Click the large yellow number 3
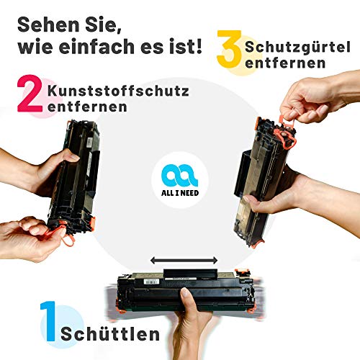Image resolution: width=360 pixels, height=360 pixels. pyautogui.click(x=229, y=49)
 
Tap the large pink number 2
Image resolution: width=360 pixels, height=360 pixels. pyautogui.click(x=30, y=94)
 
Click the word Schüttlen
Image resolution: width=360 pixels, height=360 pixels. pyautogui.click(x=110, y=333)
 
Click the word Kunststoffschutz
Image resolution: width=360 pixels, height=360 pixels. pyautogui.click(x=118, y=91)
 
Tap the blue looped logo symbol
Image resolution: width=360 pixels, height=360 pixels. pyautogui.click(x=179, y=175)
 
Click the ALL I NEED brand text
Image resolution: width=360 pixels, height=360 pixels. pyautogui.click(x=180, y=193)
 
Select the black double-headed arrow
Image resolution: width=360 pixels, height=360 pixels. pyautogui.click(x=184, y=260)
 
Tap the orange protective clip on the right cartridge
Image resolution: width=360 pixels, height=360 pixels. pyautogui.click(x=286, y=138)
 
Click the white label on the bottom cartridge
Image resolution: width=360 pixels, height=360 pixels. pyautogui.click(x=151, y=282)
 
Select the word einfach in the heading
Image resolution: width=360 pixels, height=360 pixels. pyautogui.click(x=96, y=46)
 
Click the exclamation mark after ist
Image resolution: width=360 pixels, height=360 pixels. pyautogui.click(x=199, y=46)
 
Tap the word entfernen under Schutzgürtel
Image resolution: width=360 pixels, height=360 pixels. pyautogui.click(x=285, y=63)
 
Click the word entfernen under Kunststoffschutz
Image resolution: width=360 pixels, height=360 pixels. pyautogui.click(x=87, y=107)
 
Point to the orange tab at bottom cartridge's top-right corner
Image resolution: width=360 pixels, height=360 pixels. pyautogui.click(x=243, y=272)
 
